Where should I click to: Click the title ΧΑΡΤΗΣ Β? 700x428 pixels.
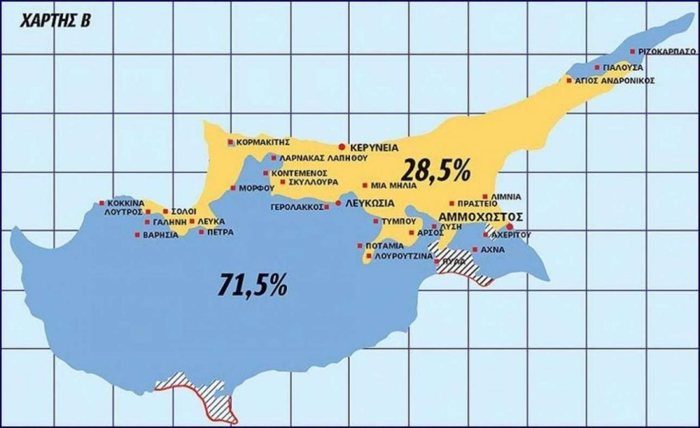click(49, 19)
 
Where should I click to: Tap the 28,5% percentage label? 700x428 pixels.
click(436, 170)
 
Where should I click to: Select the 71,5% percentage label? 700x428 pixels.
click(252, 284)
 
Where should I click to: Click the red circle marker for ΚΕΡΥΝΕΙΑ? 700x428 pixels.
click(342, 147)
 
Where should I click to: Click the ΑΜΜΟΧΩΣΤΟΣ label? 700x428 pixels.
click(480, 217)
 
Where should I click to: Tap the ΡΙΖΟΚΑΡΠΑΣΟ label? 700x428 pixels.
click(664, 51)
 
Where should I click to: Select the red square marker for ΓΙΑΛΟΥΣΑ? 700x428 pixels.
click(597, 68)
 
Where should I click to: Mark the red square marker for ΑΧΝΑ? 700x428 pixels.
click(474, 250)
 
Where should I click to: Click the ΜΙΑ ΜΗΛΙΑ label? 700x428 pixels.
click(392, 185)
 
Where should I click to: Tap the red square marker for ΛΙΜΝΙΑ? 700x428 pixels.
click(485, 196)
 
